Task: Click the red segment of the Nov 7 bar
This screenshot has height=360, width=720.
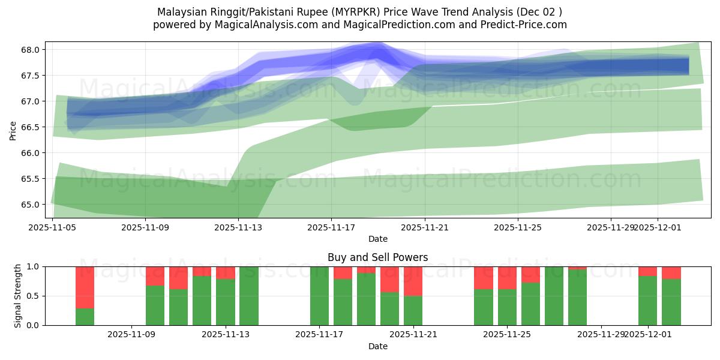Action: (85, 287)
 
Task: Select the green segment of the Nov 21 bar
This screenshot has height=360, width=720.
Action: (413, 310)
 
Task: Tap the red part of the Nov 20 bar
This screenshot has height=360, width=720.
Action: (389, 279)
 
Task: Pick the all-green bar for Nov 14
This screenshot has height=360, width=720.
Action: (249, 296)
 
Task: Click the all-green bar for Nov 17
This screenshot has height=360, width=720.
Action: (319, 296)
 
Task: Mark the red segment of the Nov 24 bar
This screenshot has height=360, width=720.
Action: (483, 278)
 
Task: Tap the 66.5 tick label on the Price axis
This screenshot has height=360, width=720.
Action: (31, 127)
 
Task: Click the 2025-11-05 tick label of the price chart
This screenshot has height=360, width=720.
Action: (53, 227)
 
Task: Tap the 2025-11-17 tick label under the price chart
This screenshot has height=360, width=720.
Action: (331, 227)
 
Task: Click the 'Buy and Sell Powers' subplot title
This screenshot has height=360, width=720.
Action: (377, 257)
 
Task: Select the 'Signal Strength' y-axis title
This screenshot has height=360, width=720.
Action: (18, 296)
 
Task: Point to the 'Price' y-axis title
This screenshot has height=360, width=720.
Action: (13, 130)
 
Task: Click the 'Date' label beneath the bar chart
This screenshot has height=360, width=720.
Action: (377, 346)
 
